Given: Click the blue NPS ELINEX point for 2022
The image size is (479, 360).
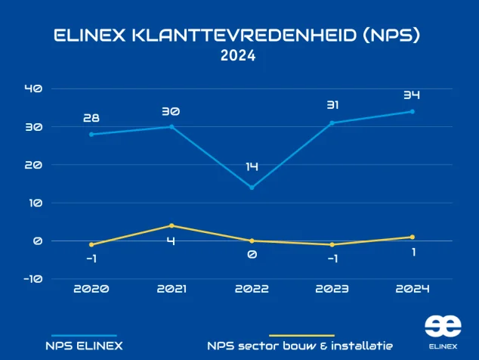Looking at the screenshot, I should coord(252,188).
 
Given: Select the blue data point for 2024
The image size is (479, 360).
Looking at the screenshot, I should coord(412,111).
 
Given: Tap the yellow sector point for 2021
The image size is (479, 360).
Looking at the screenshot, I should coord(172,225).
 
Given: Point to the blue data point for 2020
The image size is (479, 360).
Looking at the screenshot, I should coord(91,135).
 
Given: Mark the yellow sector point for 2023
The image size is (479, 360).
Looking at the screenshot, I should coord(332,244).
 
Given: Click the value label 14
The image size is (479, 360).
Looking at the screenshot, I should coord(252,166).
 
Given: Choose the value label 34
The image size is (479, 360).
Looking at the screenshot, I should coord(412,95).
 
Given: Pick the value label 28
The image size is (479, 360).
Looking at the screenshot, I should coord(91,118).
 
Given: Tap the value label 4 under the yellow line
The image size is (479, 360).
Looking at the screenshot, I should coord(172,241).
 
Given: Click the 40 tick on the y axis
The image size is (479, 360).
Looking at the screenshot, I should coord(32,88).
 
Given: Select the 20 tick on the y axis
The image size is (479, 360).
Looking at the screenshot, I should coord(32,165).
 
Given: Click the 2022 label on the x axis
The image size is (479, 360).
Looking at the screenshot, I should coord(252,289).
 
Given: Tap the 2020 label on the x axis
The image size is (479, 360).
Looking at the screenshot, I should coord(91,289).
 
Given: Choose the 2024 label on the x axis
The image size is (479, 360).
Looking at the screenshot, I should coord(412,289).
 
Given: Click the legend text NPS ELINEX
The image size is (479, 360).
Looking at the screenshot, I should coord(83,346).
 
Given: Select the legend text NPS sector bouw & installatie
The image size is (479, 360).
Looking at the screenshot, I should coord(299,346).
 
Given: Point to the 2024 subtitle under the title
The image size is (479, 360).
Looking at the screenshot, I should coord(238,56).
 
